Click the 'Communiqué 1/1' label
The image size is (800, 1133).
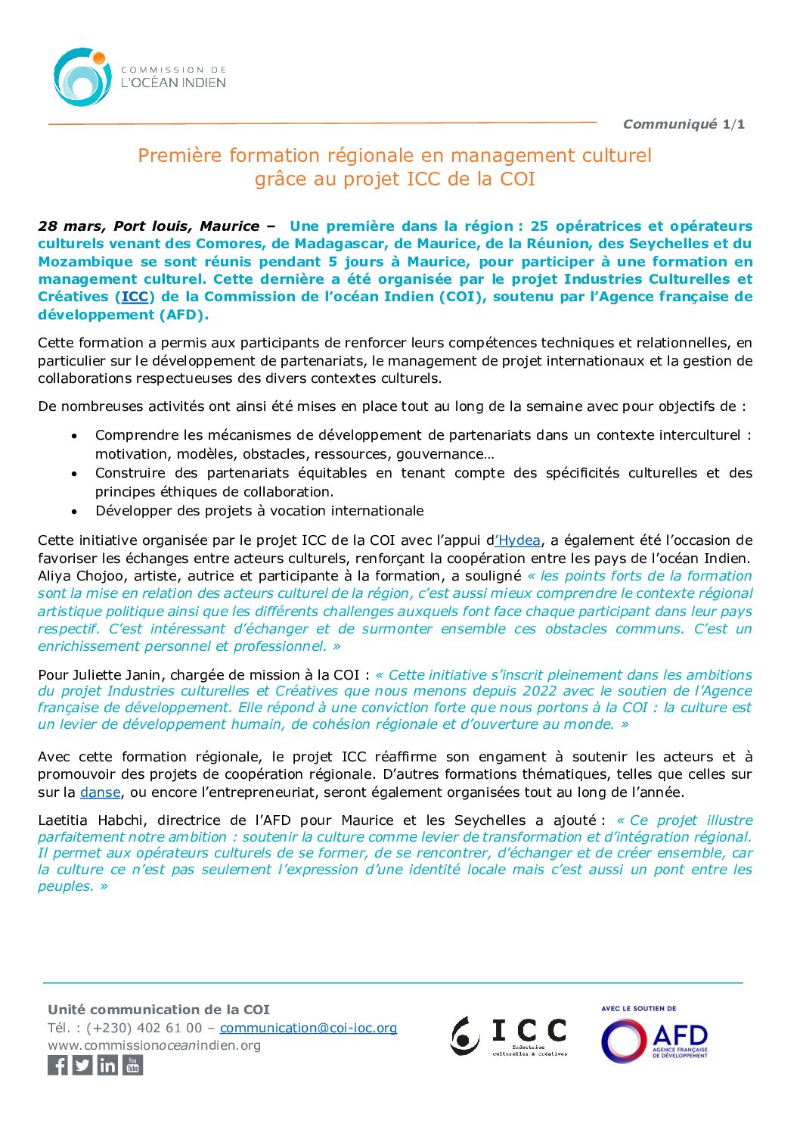(x=684, y=124)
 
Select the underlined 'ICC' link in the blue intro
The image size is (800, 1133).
(x=135, y=297)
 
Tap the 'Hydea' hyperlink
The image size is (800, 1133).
(x=519, y=540)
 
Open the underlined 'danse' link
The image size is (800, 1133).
(x=100, y=792)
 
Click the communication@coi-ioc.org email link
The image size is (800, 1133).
(x=309, y=1028)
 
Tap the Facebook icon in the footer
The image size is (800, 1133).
(x=57, y=1066)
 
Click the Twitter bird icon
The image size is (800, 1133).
(x=82, y=1066)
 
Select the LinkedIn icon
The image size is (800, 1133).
(x=107, y=1066)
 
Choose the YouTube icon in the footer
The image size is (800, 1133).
(x=132, y=1066)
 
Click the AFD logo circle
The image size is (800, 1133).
(x=623, y=1041)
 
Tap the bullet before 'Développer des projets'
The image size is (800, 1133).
(x=74, y=512)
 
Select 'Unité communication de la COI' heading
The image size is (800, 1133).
(x=159, y=1010)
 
